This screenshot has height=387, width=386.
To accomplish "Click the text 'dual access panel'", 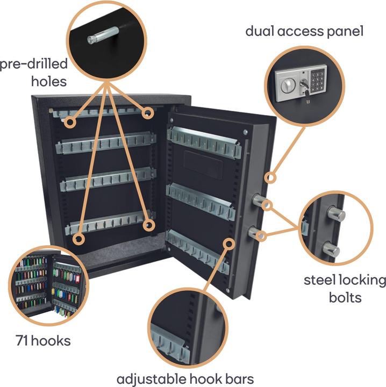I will tap(304, 31).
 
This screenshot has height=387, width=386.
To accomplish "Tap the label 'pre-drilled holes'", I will tap(33, 73).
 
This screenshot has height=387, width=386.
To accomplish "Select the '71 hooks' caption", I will tap(43, 340).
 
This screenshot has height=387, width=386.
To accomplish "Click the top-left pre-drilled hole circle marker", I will tap(69, 123).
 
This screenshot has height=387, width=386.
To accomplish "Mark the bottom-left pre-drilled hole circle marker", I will tap(79, 239).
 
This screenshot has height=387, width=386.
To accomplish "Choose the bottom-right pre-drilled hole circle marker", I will tap(149, 225).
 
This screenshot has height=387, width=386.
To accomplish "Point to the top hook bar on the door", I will tap(204, 141).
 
